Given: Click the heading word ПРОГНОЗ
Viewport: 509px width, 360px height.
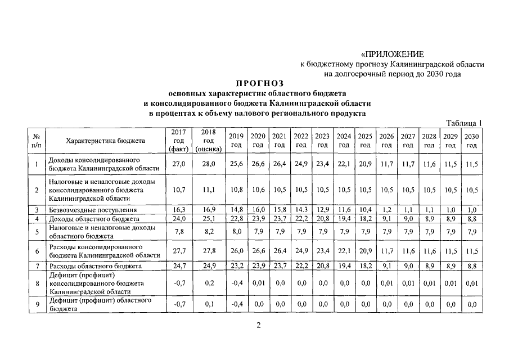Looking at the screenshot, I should [x=256, y=83].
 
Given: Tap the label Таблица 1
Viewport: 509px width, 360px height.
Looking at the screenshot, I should [x=464, y=123].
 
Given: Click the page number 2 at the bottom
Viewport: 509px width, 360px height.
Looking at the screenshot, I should [x=259, y=325].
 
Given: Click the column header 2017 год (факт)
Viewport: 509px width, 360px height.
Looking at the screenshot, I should [x=178, y=141].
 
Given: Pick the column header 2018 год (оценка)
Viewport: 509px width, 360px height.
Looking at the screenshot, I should [x=209, y=141].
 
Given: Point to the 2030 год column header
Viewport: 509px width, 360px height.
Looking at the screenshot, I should [x=472, y=141].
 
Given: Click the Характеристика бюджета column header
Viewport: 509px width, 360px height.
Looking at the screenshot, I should [x=105, y=141].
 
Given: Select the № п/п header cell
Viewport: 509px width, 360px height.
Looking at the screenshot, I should [x=36, y=141].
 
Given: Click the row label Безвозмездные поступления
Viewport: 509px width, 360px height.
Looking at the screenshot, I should [x=92, y=210].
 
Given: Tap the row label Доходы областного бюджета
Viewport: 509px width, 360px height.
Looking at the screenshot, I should [x=94, y=218].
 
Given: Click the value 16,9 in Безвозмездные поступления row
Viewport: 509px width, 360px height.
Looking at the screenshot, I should [x=209, y=210].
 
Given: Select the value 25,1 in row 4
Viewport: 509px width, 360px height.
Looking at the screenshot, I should [x=209, y=218].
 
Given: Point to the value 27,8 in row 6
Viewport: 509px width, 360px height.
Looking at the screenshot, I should [x=209, y=251].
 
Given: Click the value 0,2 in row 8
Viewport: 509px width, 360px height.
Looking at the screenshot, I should [x=209, y=283].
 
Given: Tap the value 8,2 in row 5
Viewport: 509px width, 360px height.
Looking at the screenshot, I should [x=209, y=231].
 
